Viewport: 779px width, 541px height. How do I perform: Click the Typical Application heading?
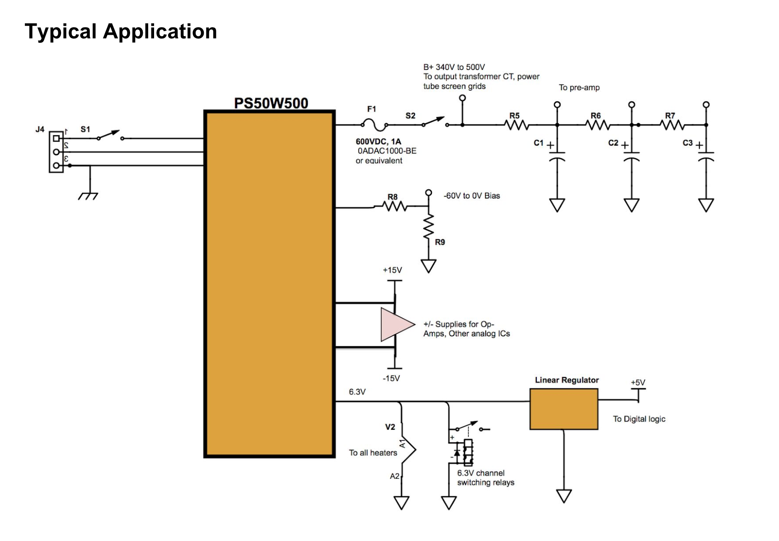[121, 32]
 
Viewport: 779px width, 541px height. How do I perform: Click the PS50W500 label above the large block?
[271, 103]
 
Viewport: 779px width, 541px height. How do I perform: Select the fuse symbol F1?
[374, 125]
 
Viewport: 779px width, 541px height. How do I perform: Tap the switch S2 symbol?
[434, 122]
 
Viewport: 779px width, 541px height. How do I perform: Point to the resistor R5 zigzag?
[516, 125]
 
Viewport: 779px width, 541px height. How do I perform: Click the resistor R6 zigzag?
[598, 125]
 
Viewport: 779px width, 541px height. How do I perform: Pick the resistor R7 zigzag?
[673, 125]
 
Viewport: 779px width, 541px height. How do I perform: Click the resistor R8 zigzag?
[394, 207]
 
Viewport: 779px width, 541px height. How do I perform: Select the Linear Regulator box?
[563, 409]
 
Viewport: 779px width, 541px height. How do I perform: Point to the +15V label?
[392, 270]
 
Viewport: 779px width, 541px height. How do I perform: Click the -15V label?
[391, 378]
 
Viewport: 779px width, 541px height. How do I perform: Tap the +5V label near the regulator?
[638, 382]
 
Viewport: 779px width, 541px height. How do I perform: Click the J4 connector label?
[40, 130]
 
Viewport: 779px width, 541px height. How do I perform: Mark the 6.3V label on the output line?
[357, 392]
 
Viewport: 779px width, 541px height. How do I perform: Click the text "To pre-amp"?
[579, 88]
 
